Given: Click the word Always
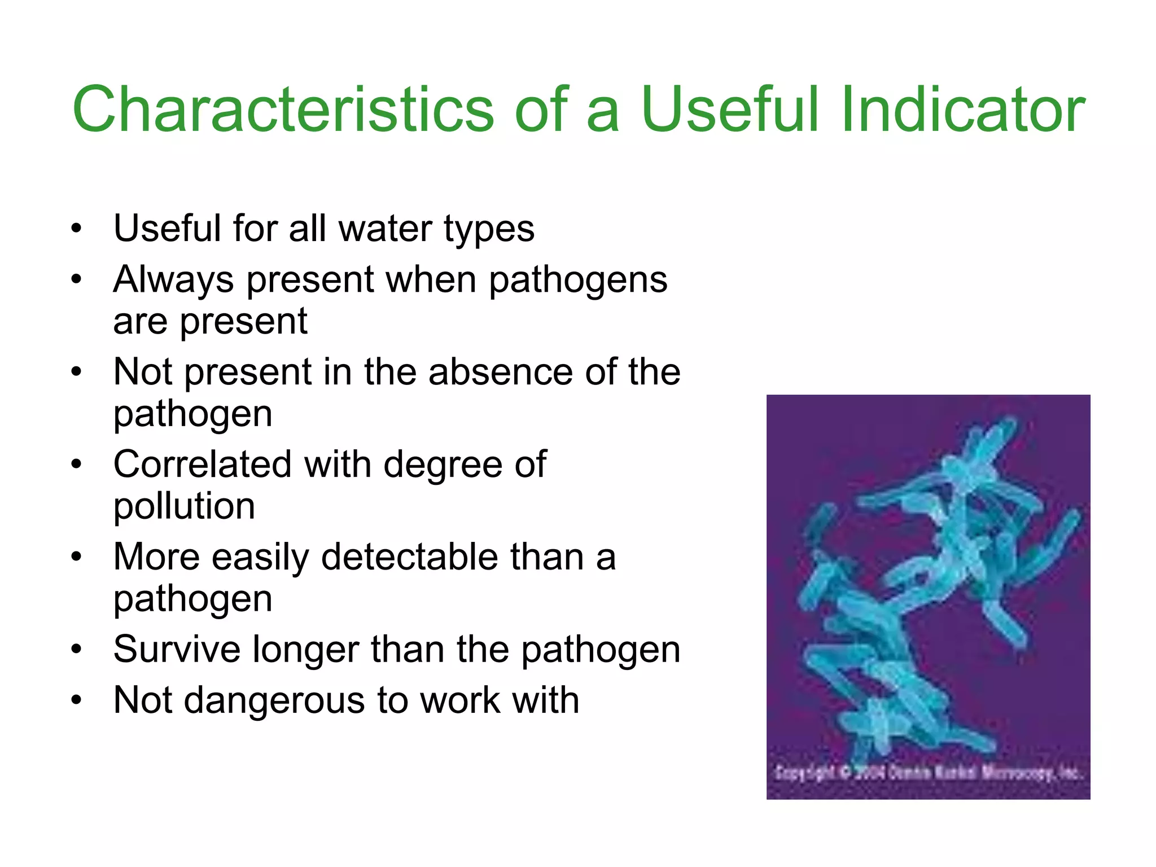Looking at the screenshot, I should click(x=173, y=280).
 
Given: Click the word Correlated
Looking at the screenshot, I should click(x=203, y=465).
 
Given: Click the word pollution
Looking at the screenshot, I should click(x=184, y=506).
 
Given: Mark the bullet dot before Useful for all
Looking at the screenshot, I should click(x=77, y=229).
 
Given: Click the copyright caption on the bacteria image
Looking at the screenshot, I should click(x=928, y=772).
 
